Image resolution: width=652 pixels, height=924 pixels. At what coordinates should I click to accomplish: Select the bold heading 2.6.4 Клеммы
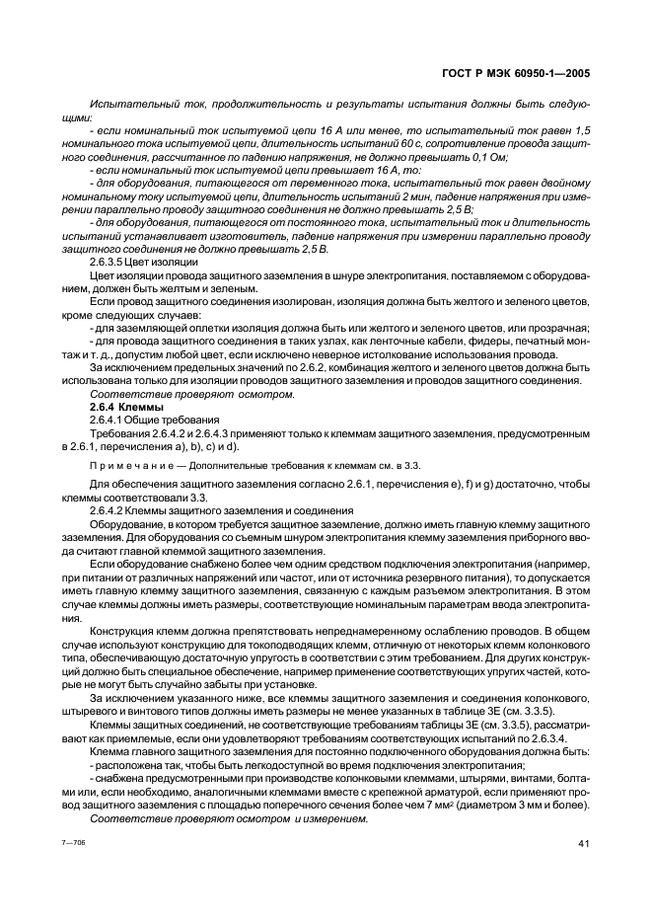pyautogui.click(x=126, y=407)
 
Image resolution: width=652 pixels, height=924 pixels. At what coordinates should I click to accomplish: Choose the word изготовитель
pyautogui.click(x=214, y=236)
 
